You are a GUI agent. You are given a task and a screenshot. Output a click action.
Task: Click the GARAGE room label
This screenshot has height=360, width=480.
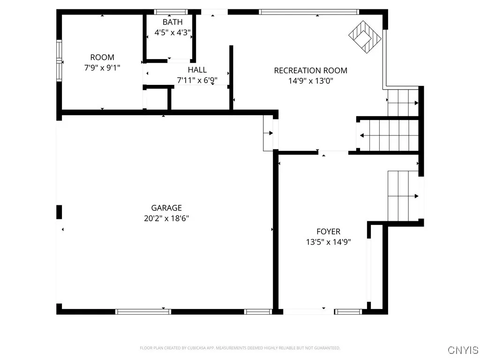coord(166,208)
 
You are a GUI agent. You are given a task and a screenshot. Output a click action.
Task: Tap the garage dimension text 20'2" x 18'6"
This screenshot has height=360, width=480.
coord(166,218)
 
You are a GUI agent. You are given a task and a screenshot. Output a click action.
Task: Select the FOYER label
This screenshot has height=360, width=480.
coord(328,232)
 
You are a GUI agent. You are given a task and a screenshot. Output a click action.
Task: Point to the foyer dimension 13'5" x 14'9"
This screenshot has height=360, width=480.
coord(328,242)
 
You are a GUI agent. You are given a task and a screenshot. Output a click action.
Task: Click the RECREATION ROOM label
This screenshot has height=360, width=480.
coord(310,71)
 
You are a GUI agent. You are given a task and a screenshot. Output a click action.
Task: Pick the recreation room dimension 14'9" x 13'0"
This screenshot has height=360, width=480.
coord(310,81)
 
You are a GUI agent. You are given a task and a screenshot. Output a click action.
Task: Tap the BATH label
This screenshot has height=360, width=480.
coord(172,22)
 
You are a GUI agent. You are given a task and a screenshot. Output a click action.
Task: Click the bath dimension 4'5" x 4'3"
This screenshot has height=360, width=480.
coord(172,33)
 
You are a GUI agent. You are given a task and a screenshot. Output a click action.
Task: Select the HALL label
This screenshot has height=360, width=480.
coord(197,70)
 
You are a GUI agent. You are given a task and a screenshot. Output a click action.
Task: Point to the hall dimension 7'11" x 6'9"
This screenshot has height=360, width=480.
coord(197,80)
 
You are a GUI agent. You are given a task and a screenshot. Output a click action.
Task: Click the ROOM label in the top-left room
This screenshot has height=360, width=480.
coord(102,58)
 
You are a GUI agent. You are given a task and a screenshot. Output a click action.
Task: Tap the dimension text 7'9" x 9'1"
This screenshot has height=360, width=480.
coord(102,67)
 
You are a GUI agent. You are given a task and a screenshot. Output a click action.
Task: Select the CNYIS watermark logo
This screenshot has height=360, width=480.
coord(463,350)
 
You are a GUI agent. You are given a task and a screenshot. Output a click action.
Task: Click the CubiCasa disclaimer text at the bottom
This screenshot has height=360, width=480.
coord(240,348)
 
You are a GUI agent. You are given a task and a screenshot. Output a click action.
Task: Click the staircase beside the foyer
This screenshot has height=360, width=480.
coord(403,196)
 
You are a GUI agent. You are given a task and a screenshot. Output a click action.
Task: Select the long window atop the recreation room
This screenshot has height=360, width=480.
coord(309,12)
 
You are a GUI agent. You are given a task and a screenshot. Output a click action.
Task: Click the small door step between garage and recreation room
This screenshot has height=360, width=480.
coord(269,134)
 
